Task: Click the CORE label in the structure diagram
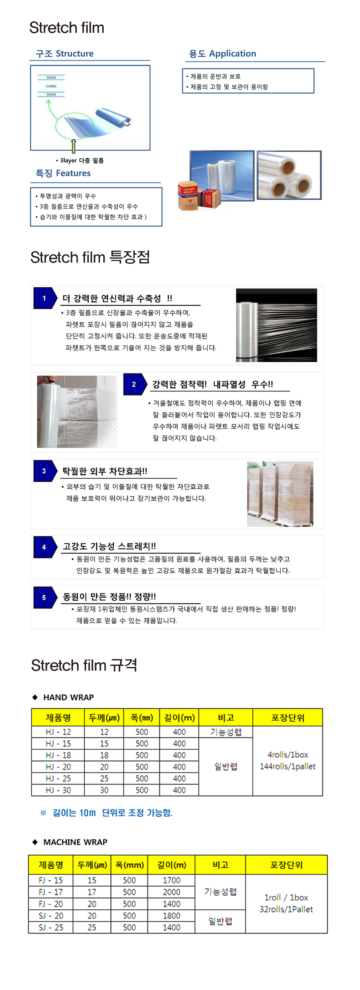(51, 86)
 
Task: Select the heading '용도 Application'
(222, 53)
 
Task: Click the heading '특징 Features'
(63, 173)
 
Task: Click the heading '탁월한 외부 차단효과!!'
(104, 471)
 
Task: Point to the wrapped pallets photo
(280, 494)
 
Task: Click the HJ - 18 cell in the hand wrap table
(58, 755)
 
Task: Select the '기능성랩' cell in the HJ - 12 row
(225, 732)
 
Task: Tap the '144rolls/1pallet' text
(287, 766)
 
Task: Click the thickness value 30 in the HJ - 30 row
(104, 790)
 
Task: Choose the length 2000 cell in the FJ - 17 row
(171, 892)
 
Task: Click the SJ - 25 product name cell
(51, 927)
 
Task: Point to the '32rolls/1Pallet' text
(286, 909)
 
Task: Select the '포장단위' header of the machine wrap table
(286, 865)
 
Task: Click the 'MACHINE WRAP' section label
(75, 842)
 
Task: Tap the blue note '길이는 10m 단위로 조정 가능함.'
(112, 813)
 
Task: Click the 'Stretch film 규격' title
(84, 665)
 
